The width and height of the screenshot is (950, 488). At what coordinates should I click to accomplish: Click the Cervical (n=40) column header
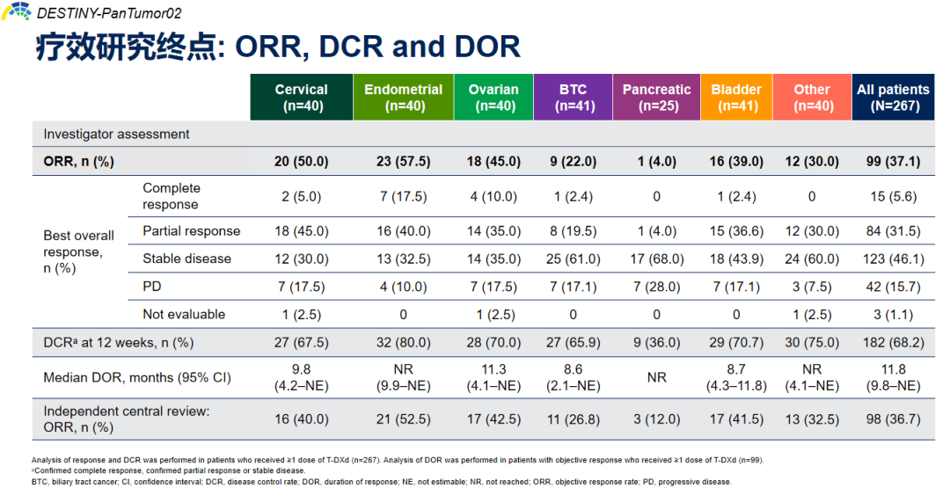coord(301,98)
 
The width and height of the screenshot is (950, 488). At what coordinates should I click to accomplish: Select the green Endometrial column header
coord(403,98)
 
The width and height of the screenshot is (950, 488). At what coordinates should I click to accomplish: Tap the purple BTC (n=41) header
coord(573,98)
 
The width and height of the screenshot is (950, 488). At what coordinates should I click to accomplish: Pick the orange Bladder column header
coord(735,98)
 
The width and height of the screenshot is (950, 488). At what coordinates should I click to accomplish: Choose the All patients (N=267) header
coord(892,98)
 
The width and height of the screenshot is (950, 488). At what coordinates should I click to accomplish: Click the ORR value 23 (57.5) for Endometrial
coord(403,162)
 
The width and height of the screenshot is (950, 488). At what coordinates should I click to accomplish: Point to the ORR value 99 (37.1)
coord(892,162)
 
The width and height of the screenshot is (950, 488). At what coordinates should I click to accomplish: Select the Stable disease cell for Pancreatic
coord(656,259)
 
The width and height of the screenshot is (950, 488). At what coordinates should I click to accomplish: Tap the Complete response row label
coord(172,196)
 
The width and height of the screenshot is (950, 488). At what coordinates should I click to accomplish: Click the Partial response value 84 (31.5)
coord(892,231)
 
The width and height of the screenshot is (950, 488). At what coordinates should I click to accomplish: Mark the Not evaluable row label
coord(184,314)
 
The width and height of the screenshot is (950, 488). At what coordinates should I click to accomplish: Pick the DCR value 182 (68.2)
coord(892,342)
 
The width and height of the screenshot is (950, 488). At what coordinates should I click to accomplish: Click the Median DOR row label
coord(137,377)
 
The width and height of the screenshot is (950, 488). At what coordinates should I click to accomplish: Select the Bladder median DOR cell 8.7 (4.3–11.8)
coord(735,377)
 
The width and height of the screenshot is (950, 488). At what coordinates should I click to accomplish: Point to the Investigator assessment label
coord(116,135)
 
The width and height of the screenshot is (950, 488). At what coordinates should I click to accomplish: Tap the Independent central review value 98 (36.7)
coord(892,419)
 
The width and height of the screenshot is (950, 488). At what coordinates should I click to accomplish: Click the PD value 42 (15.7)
coord(892,287)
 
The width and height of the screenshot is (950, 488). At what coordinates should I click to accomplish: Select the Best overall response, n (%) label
coord(79,251)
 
